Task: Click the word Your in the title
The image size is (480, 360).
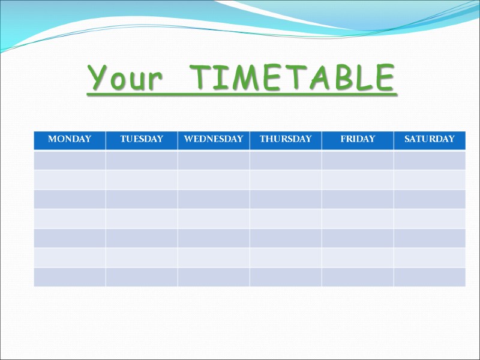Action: point(125,78)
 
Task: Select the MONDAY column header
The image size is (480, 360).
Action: point(70,139)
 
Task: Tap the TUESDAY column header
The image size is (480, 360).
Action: point(142,139)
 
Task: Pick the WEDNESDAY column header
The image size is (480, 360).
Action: point(214,139)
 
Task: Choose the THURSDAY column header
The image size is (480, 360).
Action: point(286,139)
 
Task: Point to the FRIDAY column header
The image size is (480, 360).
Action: point(358,139)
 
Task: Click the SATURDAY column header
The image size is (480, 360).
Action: point(430,139)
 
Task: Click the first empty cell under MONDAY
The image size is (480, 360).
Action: point(70,160)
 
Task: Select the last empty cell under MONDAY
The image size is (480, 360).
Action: point(70,277)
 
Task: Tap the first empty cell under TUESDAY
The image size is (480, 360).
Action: point(142,160)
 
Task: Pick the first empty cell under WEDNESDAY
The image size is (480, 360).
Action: point(214,160)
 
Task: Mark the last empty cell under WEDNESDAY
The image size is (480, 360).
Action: point(214,277)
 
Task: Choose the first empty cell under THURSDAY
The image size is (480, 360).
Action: point(286,160)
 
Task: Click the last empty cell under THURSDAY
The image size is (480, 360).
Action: point(286,277)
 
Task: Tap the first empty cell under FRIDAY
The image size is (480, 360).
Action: point(358,160)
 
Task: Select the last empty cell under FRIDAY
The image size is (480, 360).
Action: point(358,277)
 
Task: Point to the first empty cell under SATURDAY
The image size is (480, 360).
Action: point(430,160)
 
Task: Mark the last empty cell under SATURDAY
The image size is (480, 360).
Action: point(430,277)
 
